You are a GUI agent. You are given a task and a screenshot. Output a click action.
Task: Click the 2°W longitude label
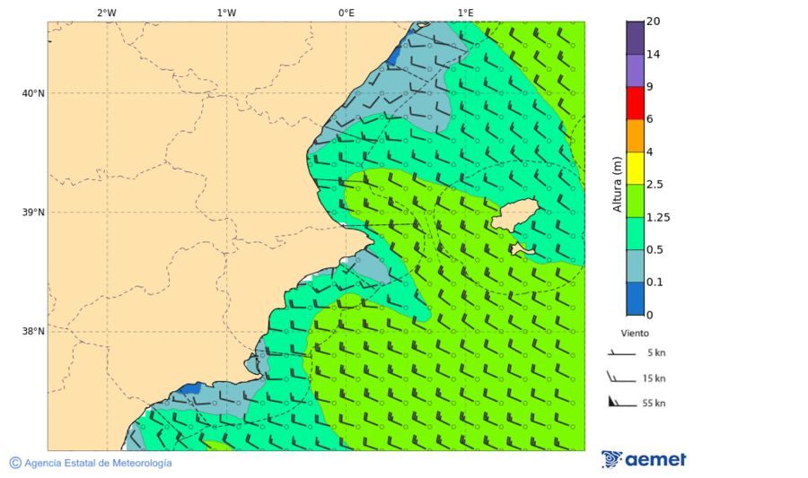(106, 13)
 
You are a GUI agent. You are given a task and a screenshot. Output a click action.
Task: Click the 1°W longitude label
(226, 13)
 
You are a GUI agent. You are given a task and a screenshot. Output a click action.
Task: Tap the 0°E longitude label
(346, 13)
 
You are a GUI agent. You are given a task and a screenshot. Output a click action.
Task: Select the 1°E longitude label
(465, 13)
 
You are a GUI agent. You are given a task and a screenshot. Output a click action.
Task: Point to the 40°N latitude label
(33, 93)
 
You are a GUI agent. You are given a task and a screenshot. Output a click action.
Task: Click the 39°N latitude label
(33, 213)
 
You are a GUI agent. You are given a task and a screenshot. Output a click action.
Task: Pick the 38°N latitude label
(33, 332)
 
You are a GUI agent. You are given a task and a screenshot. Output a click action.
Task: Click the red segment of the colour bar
(635, 103)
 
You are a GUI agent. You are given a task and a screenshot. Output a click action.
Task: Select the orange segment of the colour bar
(635, 135)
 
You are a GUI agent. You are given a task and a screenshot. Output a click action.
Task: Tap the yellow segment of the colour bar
(635, 169)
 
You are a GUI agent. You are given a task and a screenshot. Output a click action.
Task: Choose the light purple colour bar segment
(635, 70)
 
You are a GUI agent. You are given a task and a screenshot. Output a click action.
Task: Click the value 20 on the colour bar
(653, 22)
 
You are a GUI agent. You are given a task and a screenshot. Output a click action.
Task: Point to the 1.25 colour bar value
(658, 217)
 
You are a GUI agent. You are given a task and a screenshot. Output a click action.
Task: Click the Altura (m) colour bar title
(617, 184)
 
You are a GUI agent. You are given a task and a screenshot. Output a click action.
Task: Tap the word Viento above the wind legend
(635, 333)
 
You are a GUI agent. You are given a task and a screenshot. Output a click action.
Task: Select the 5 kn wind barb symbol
(619, 353)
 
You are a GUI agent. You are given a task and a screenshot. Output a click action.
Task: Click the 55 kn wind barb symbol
(619, 402)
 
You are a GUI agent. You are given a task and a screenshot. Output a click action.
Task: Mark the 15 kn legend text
(654, 378)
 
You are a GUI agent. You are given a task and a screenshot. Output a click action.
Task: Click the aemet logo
(644, 459)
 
